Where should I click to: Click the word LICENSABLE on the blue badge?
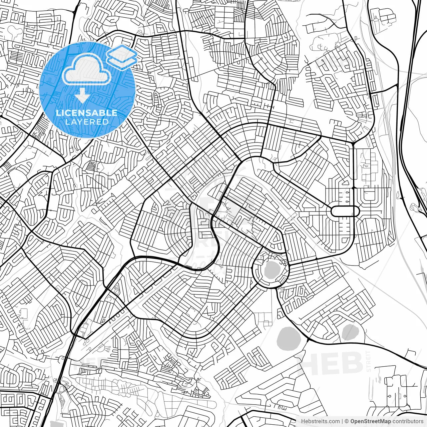87,113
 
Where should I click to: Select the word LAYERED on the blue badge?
87,122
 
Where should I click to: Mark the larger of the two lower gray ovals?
289,340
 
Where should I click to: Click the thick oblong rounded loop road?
345,211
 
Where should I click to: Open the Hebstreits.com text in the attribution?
321,421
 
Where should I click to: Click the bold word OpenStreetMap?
371,421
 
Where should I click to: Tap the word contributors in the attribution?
408,421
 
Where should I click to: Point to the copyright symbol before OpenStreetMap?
347,421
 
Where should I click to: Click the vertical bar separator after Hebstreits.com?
343,421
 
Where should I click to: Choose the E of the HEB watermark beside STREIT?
331,363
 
